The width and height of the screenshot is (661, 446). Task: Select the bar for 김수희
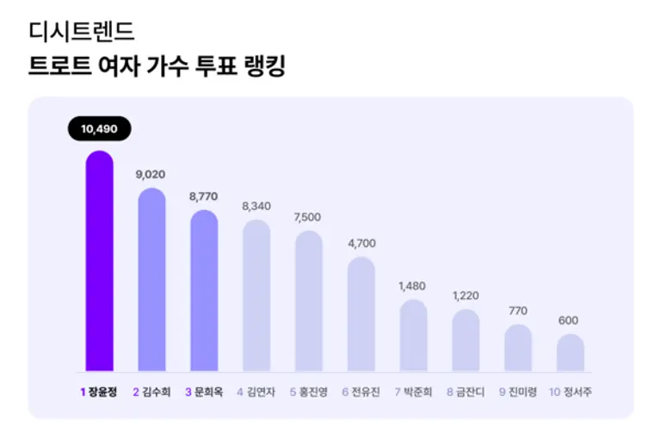point(151,280)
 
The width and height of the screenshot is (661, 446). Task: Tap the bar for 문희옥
point(204,291)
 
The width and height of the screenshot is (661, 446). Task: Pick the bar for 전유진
point(361,314)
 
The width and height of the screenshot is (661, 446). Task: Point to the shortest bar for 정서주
point(570,353)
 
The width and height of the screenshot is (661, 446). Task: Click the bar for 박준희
point(413,336)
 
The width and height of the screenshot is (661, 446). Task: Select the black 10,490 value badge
point(99,129)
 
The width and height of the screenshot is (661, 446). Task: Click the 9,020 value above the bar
point(151,175)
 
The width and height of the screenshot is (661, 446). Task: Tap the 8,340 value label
point(256,207)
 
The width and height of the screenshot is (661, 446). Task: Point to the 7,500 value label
point(309,217)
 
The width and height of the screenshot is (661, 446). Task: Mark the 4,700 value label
point(361,244)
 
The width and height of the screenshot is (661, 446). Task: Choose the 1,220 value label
point(466,296)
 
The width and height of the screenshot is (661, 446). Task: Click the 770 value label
point(517,311)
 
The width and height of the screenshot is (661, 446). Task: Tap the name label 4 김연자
point(256,392)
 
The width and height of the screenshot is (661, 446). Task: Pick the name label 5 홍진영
point(309,392)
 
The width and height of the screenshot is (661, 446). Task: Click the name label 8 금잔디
point(466,392)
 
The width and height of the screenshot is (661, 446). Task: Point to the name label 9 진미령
point(517,392)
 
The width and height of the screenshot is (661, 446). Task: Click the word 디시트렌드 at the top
point(82,33)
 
